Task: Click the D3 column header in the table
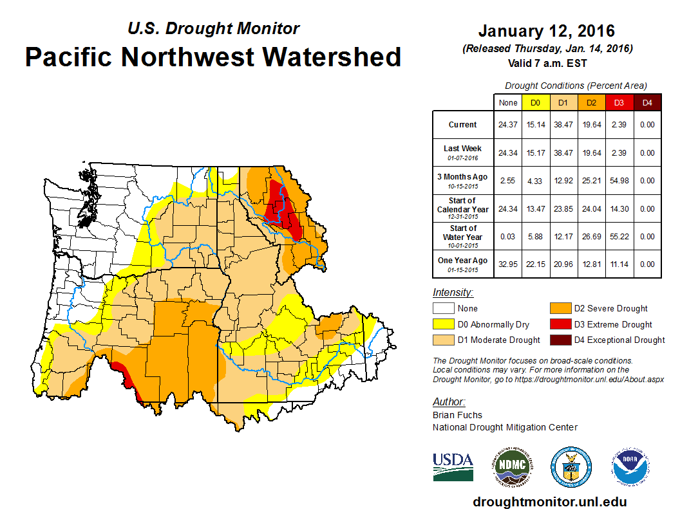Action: tap(619, 102)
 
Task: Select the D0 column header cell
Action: tap(535, 102)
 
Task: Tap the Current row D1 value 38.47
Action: tap(563, 125)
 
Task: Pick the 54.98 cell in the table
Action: tap(619, 181)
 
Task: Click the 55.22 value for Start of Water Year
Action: tap(619, 236)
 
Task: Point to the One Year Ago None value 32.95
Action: tap(508, 264)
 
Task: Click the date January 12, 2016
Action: tap(547, 32)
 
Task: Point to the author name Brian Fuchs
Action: tap(457, 415)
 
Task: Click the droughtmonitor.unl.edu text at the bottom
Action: tap(549, 502)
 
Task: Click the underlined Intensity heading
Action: tap(453, 293)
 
